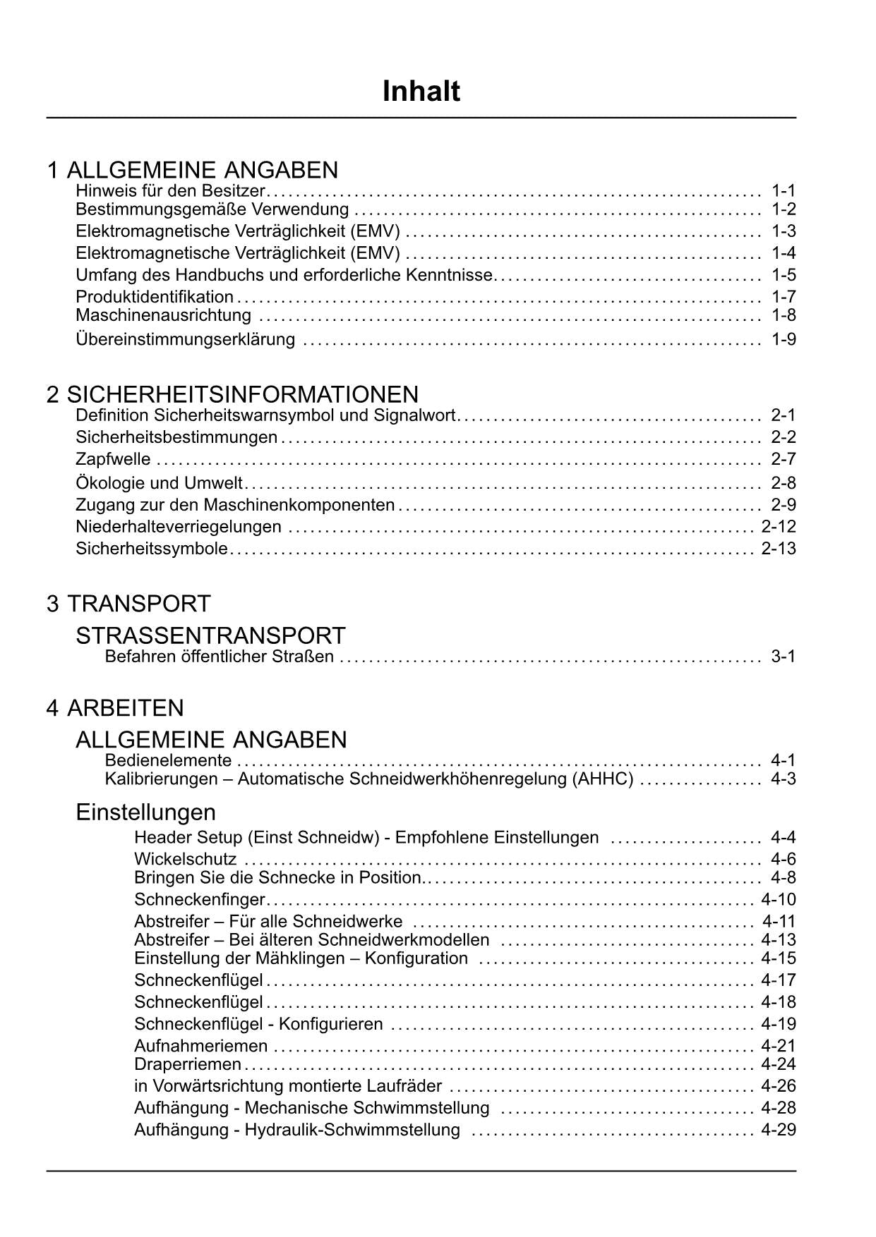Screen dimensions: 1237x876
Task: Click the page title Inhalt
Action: click(421, 92)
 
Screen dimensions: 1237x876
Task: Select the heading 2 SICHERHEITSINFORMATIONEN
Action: click(232, 394)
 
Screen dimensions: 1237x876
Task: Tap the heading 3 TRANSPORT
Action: click(128, 604)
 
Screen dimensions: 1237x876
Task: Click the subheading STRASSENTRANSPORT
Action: click(210, 635)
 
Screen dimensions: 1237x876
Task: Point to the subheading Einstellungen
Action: click(145, 812)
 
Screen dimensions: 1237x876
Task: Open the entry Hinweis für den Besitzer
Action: click(170, 190)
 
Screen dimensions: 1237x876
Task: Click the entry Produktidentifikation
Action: click(155, 297)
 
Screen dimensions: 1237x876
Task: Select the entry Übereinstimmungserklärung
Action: click(185, 339)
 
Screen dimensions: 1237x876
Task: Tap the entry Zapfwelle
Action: click(113, 459)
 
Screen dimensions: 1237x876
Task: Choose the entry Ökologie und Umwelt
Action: click(159, 483)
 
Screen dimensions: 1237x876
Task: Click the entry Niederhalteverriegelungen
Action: click(179, 527)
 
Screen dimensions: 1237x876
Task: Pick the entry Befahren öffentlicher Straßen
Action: click(219, 657)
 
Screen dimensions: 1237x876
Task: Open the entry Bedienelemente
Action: click(168, 760)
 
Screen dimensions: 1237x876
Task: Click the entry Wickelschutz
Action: click(185, 859)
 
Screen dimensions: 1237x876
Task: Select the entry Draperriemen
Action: click(188, 1064)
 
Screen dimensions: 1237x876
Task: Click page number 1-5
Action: click(784, 275)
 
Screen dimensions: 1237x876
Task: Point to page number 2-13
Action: click(779, 549)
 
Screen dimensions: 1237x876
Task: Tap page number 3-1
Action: click(784, 657)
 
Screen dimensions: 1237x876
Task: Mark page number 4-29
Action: click(779, 1129)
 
